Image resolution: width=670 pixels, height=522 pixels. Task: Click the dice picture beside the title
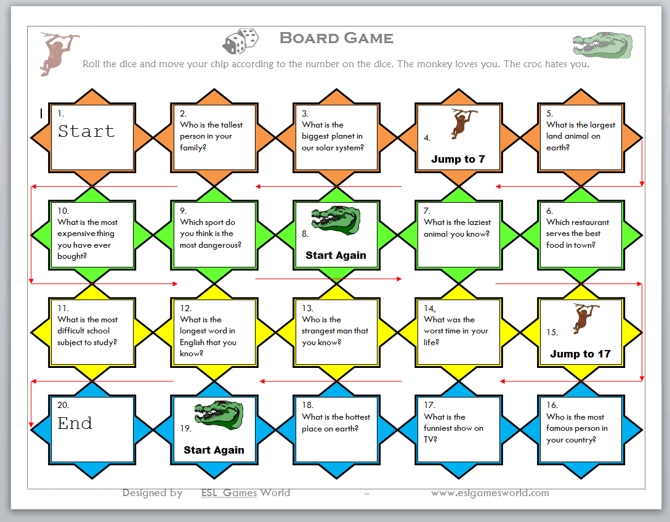tap(240, 41)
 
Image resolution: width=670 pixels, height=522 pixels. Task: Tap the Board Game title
tap(336, 38)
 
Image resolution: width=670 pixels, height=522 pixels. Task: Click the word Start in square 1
tap(86, 131)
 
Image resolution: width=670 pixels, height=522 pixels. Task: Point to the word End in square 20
tap(75, 423)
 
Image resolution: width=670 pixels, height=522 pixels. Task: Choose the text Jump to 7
tap(458, 159)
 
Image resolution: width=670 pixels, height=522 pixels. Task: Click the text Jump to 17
tap(580, 354)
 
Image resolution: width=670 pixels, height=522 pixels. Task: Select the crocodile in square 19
tap(219, 415)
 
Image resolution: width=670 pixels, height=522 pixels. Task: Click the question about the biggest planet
tap(333, 136)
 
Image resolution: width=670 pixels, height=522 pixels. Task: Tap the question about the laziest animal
tap(458, 228)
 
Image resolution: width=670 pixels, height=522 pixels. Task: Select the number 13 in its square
tap(307, 308)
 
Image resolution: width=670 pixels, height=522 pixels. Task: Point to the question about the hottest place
tap(336, 423)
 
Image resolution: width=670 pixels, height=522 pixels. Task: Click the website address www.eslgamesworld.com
tap(490, 493)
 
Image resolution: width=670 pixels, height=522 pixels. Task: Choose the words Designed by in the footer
tap(152, 493)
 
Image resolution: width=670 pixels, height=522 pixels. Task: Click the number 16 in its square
tap(552, 405)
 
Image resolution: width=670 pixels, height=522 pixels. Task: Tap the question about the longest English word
tap(208, 336)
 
